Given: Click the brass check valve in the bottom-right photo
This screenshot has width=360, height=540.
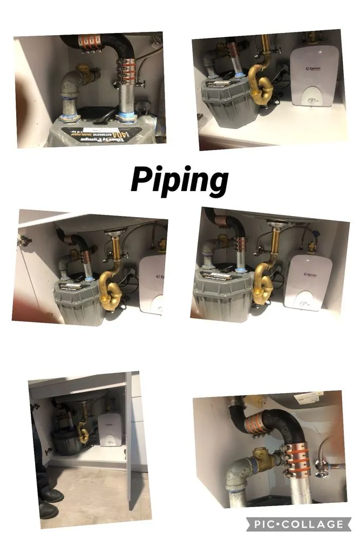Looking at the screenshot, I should coord(260,452).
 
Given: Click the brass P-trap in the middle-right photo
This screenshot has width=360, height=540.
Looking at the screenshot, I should coord(267,280).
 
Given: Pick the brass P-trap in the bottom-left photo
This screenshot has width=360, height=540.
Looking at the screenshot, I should coord(83,432).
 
